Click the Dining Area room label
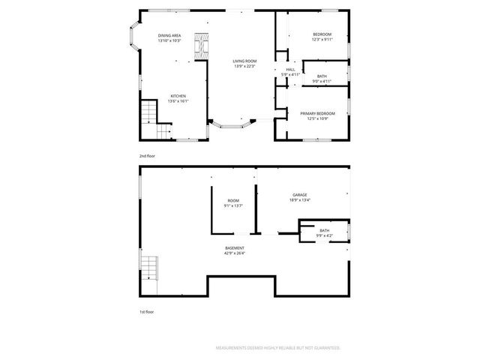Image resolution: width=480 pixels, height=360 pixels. point(169,36)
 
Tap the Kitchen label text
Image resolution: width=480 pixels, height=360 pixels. point(178,96)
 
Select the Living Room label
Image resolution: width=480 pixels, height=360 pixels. point(244,61)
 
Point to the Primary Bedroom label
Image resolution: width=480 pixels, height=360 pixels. point(317,113)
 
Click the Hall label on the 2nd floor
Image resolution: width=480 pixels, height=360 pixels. point(290,70)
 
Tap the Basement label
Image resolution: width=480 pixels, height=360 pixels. point(234,247)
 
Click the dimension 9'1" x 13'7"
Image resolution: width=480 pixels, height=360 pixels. point(234,205)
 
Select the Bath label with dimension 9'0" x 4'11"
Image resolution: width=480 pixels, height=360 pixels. point(322,76)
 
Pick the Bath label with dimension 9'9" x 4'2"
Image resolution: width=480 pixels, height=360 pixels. point(324,230)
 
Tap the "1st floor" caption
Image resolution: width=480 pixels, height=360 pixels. point(146,310)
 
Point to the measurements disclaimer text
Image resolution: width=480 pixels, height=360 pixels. point(278,348)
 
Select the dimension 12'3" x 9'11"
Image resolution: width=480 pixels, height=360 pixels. point(321,40)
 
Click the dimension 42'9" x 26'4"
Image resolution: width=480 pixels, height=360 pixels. point(234,253)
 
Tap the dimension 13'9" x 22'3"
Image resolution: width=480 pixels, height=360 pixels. point(244,67)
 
